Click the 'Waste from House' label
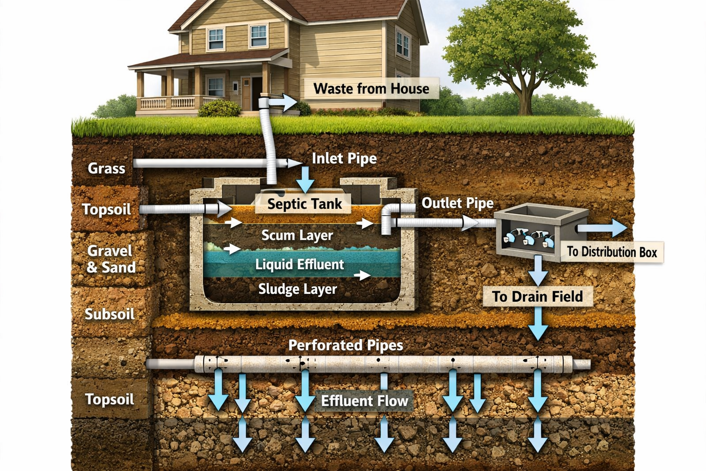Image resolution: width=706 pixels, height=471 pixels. pyautogui.click(x=371, y=88)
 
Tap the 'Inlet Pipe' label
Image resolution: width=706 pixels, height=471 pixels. pyautogui.click(x=344, y=159)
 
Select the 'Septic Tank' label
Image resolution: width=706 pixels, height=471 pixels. pyautogui.click(x=304, y=203)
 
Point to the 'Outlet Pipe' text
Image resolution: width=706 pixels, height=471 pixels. pyautogui.click(x=457, y=203)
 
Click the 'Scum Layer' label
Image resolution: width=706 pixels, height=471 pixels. pyautogui.click(x=297, y=235)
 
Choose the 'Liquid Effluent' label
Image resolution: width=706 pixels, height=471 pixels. pyautogui.click(x=299, y=264)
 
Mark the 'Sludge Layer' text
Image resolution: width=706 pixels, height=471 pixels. pyautogui.click(x=297, y=289)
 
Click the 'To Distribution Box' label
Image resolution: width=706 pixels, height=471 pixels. pyautogui.click(x=611, y=252)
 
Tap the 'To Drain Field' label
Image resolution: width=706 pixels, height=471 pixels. pyautogui.click(x=537, y=296)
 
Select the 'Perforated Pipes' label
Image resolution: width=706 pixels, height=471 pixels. pyautogui.click(x=345, y=345)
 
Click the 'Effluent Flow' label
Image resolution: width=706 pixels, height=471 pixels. pyautogui.click(x=364, y=401)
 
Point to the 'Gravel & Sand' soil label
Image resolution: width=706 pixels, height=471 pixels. pyautogui.click(x=111, y=258)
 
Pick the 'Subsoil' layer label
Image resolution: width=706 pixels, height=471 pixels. pyautogui.click(x=109, y=314)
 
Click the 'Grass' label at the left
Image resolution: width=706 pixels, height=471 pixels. pyautogui.click(x=106, y=168)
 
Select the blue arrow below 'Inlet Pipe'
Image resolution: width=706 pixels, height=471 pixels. pyautogui.click(x=304, y=180)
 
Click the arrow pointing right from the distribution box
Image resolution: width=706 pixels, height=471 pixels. pyautogui.click(x=603, y=228)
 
